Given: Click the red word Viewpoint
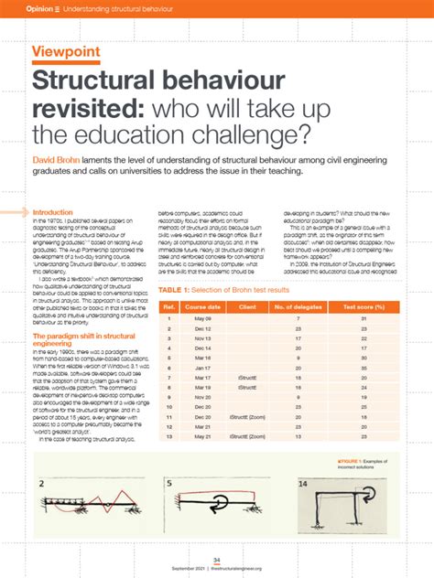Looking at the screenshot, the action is click(66, 51).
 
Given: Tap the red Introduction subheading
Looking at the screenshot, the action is click(54, 212).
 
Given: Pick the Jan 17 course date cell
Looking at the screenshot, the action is click(202, 367).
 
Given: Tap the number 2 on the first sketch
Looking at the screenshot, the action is click(42, 484).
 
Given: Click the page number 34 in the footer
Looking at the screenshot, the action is click(217, 559).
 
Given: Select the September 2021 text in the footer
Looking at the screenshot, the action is click(190, 568).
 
